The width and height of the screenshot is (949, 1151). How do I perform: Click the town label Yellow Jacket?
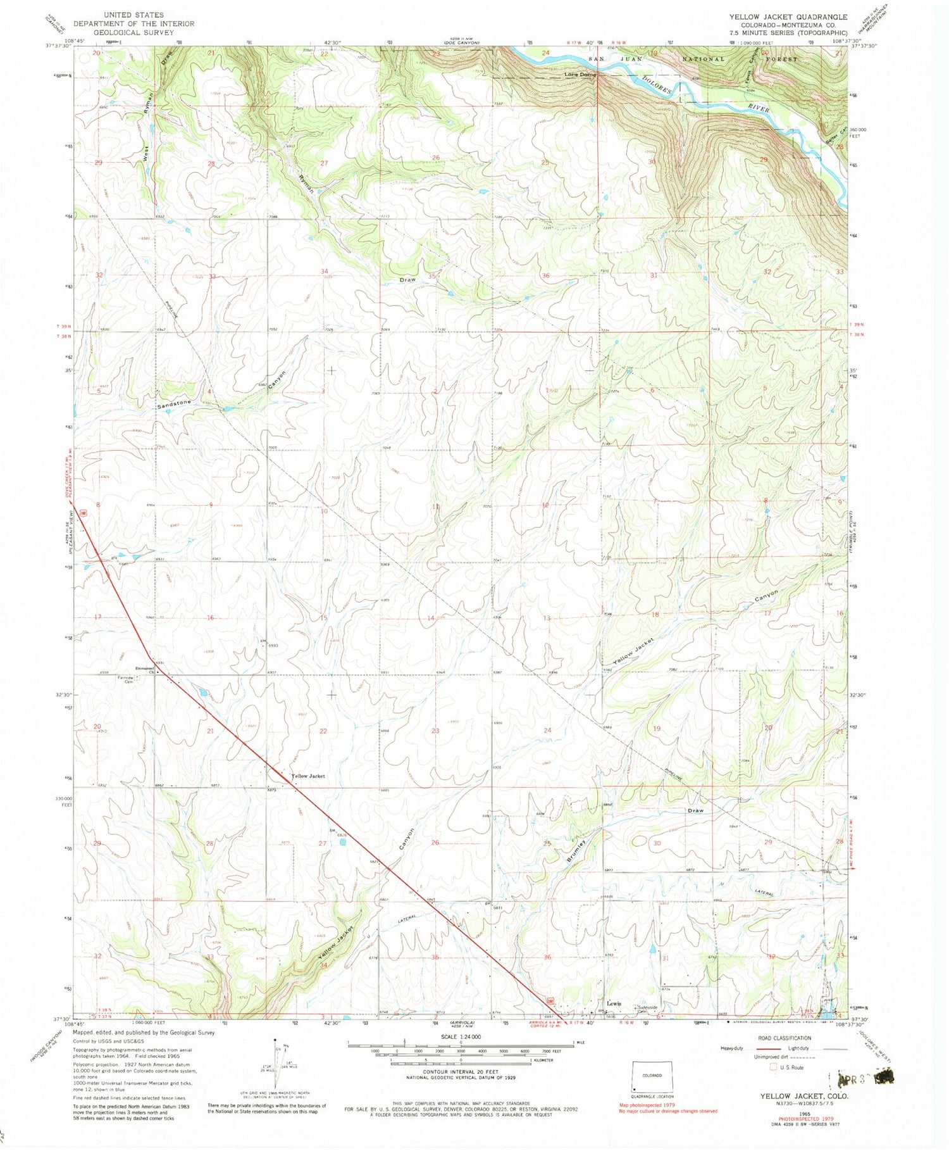(307, 776)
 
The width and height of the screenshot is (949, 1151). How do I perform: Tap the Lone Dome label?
(580, 75)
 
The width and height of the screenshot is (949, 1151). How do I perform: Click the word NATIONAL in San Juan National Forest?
(702, 59)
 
